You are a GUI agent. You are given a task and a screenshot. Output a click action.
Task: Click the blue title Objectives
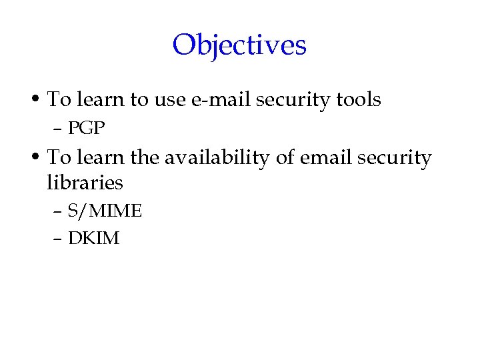coord(239,45)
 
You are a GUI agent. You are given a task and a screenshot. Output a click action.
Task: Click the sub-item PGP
coord(87,128)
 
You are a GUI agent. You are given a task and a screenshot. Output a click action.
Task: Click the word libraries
coord(85,182)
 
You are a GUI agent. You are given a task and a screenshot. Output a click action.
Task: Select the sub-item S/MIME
coord(105,211)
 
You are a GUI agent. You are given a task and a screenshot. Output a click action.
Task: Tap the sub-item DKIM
coord(93,238)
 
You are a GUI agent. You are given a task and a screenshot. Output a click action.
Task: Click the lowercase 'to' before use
coord(139,100)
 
